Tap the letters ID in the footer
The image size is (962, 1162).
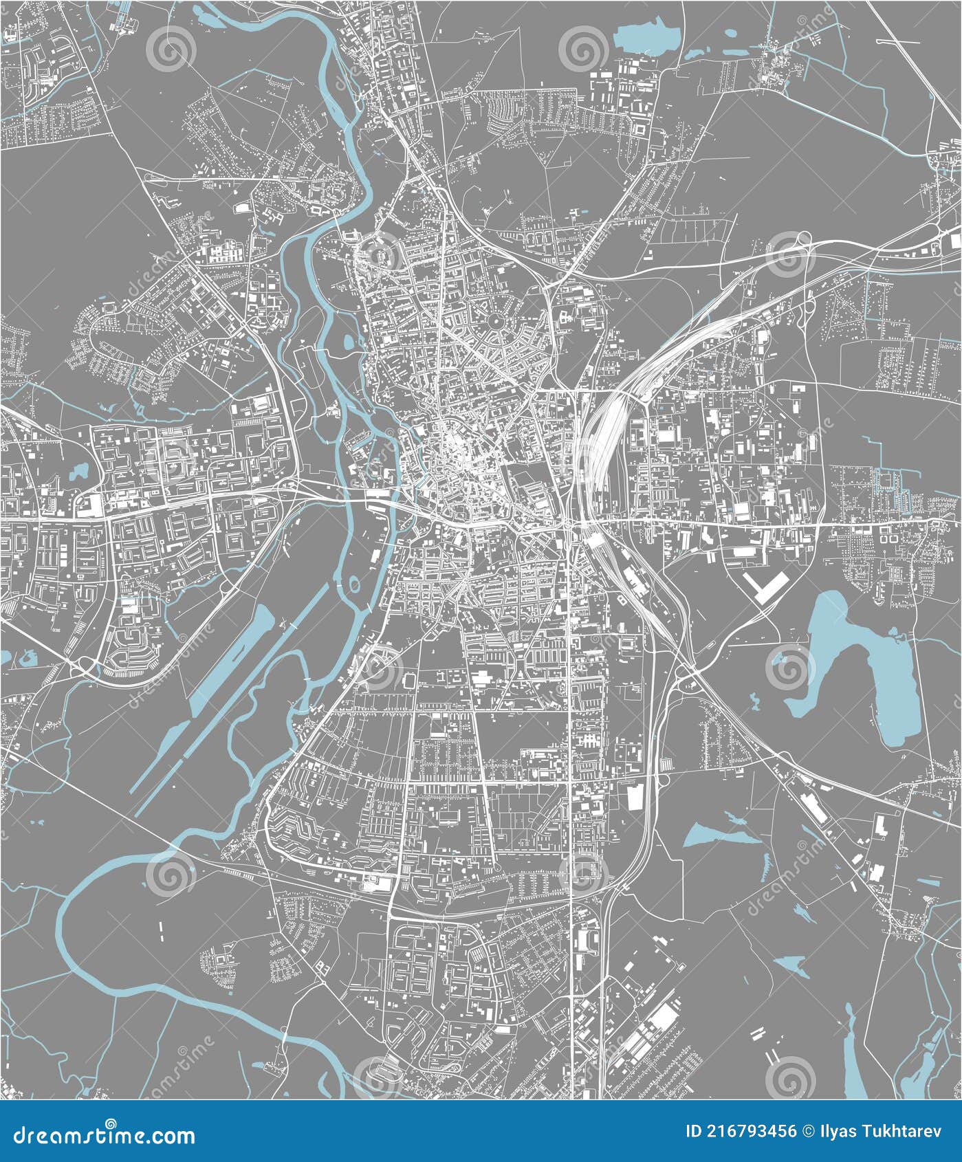(695, 1132)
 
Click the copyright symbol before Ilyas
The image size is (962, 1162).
(808, 1132)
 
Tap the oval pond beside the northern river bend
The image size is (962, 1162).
(347, 341)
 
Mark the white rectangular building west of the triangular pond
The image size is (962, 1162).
(633, 796)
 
